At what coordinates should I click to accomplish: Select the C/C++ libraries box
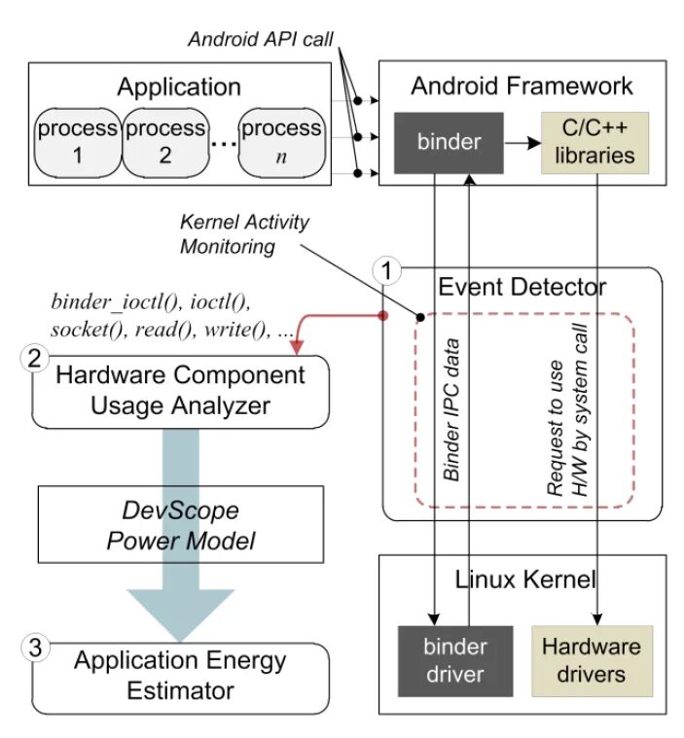coord(589,142)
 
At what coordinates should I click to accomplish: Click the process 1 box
coord(79,142)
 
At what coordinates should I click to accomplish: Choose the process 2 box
coord(165,142)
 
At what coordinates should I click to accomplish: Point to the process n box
coord(280,142)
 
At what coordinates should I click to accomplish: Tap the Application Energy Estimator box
coord(181,676)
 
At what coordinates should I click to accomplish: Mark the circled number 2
coord(34,358)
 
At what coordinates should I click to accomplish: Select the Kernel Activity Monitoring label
coord(244,234)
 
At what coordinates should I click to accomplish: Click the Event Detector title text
coord(522,287)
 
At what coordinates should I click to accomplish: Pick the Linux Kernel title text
coord(525,580)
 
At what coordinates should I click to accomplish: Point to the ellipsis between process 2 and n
coord(223,144)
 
